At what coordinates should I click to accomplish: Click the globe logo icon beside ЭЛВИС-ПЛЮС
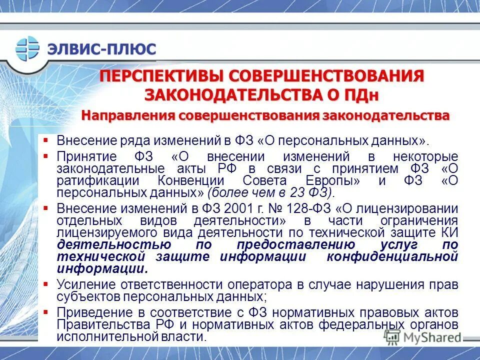[27, 48]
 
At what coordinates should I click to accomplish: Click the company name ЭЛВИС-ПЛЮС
[102, 49]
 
